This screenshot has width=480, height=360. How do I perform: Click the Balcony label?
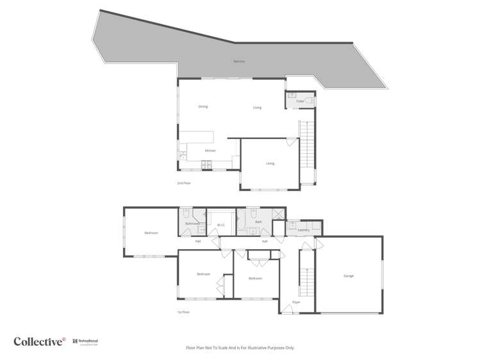tap(239, 61)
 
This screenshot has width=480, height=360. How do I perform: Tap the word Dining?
tap(203, 106)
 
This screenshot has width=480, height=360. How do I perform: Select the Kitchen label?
tap(210, 151)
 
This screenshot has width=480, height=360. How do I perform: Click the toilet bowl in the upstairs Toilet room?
tap(309, 101)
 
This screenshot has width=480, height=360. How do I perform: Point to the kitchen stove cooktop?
tap(208, 167)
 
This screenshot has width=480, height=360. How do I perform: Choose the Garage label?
tap(349, 275)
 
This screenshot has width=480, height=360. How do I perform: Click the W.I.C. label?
tap(220, 225)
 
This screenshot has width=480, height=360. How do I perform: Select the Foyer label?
tap(296, 302)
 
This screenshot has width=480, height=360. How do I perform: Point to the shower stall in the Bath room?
tap(278, 215)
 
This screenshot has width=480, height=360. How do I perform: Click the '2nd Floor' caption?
tap(184, 183)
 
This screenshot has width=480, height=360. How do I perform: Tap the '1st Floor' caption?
tap(184, 312)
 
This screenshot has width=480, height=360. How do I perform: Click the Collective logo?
tap(39, 341)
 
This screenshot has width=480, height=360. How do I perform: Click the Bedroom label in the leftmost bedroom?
tap(151, 233)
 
